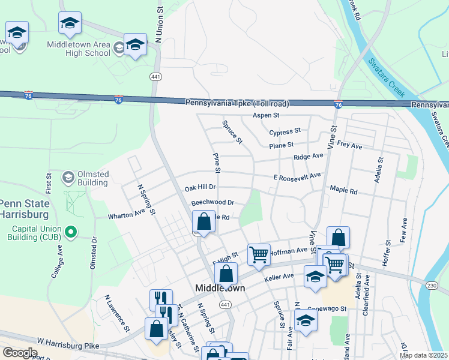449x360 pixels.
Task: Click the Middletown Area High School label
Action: pos(79,48)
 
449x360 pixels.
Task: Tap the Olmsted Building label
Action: pos(93,178)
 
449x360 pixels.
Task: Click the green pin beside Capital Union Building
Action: pos(71,231)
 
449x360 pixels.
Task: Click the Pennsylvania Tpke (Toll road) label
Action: pos(237,103)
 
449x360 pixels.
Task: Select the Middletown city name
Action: pos(220,288)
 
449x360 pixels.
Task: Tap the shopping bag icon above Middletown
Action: pos(225,275)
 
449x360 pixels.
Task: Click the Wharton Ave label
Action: pos(127,214)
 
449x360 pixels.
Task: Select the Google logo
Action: pos(19,352)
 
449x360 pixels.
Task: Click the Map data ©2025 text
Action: pos(423,355)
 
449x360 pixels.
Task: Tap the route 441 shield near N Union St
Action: pos(155,76)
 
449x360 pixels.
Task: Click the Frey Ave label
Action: pos(350,145)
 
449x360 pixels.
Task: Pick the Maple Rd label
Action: pos(343,191)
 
